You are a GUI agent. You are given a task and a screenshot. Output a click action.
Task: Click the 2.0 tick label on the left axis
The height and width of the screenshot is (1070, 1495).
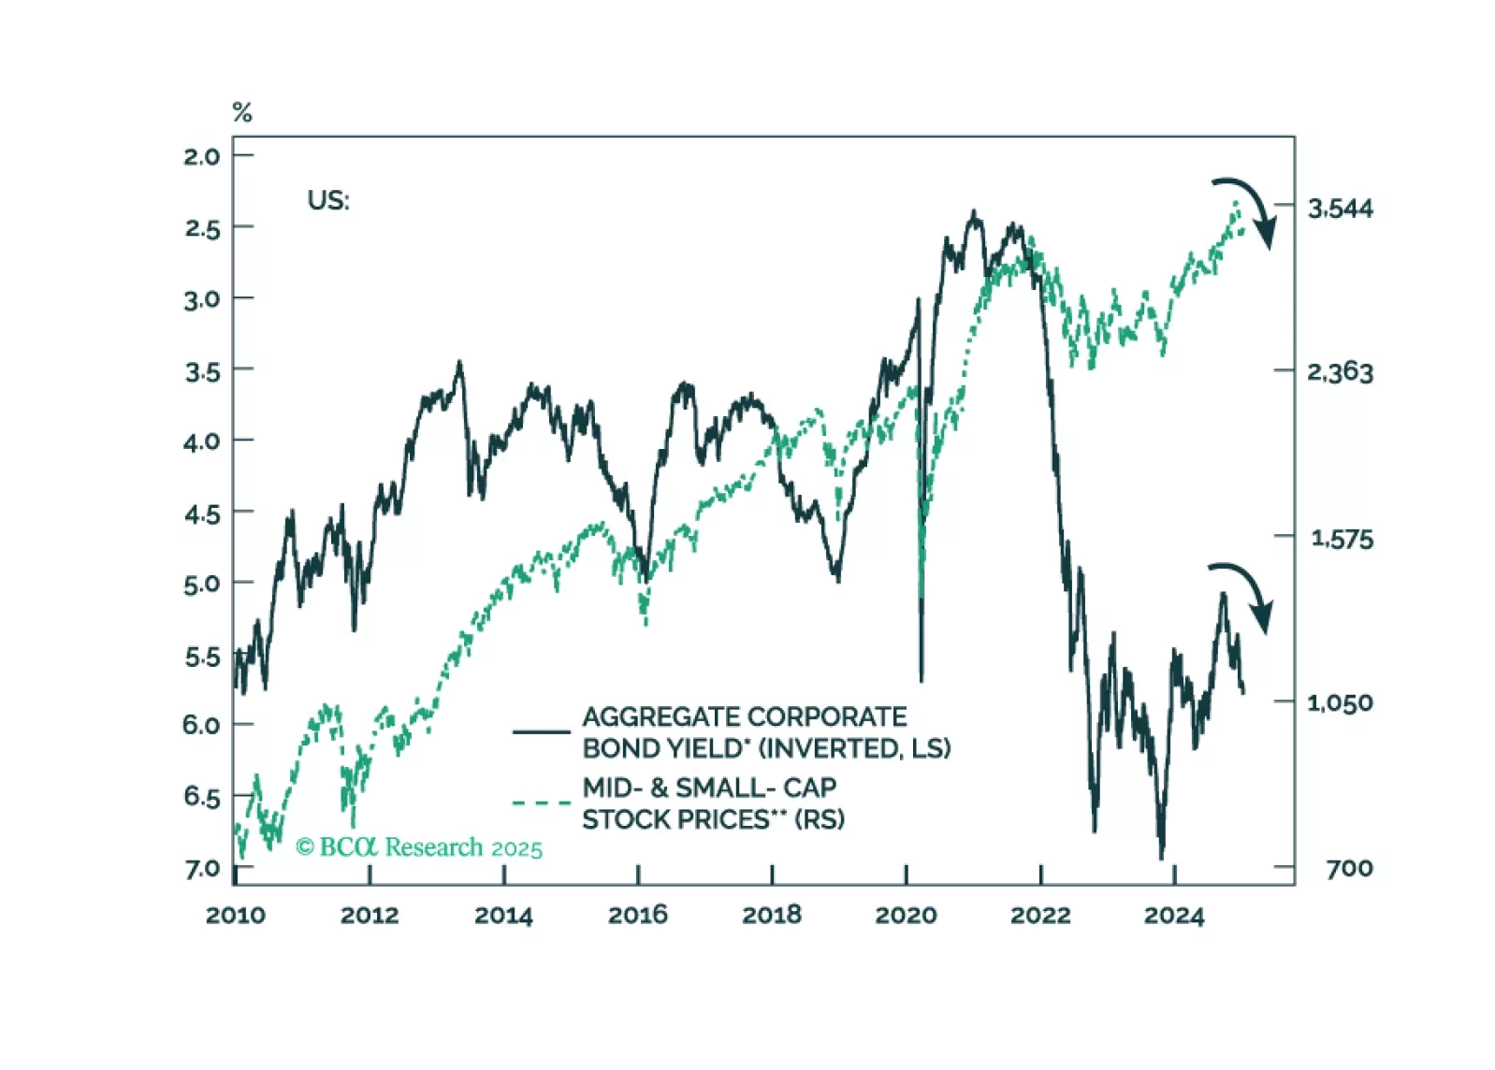(201, 156)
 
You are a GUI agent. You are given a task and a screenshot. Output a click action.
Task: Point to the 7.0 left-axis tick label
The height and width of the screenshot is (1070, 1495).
(201, 869)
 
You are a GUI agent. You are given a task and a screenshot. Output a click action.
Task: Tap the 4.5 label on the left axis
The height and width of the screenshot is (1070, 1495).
(201, 513)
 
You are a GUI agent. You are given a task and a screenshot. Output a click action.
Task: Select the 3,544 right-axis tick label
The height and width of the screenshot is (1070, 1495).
(1340, 209)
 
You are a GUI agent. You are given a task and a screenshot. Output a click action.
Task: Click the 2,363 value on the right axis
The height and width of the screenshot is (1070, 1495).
(1340, 372)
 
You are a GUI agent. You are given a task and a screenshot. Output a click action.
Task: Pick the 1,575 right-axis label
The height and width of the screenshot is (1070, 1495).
(1342, 539)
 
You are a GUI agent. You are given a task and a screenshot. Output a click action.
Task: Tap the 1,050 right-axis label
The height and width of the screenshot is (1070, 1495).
(1340, 702)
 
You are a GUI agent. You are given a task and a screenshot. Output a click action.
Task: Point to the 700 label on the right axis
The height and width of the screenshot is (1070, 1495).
(1349, 869)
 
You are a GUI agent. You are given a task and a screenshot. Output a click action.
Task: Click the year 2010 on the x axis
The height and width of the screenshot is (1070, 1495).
(235, 915)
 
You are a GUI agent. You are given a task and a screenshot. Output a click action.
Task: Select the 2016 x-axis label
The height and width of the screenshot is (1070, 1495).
(637, 915)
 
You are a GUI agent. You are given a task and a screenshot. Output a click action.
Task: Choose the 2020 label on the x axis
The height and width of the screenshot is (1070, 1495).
(906, 915)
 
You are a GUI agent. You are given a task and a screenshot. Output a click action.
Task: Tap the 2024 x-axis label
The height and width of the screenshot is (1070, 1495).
(1173, 915)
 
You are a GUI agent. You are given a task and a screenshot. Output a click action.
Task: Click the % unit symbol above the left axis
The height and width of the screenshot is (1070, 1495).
(242, 113)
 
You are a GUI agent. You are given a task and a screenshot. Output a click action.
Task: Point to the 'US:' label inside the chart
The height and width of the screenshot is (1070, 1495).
(327, 200)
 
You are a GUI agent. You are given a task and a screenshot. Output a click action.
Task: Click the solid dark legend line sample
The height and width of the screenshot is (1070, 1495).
(541, 731)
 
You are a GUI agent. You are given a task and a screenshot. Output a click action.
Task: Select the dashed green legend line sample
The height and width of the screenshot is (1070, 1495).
(541, 802)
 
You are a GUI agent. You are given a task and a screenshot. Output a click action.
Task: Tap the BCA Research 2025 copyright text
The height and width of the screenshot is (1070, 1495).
(419, 847)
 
